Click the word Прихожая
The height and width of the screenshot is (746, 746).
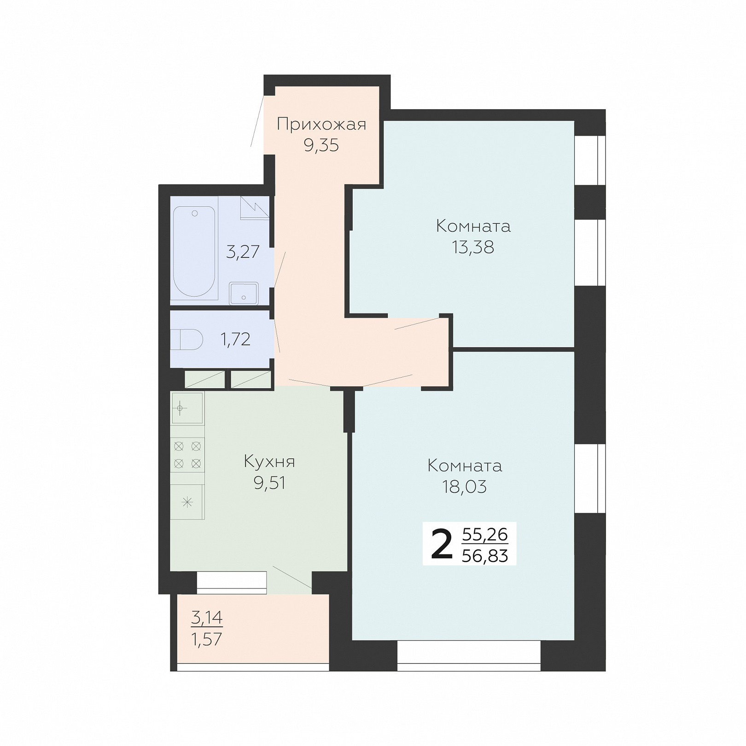[x=321, y=124]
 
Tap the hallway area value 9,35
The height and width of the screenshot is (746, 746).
[x=321, y=145]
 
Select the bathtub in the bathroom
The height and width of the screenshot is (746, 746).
[x=194, y=252]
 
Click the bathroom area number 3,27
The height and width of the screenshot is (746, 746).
[x=243, y=252]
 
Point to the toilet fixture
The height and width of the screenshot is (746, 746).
[x=186, y=340]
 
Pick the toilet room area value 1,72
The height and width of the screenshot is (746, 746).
[x=235, y=339]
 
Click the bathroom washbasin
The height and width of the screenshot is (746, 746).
[x=244, y=293]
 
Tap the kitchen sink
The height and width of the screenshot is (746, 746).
[x=187, y=408]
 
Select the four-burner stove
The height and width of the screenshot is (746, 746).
[x=187, y=455]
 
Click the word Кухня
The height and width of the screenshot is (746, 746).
[x=269, y=461]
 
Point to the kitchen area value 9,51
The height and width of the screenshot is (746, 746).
[x=269, y=483]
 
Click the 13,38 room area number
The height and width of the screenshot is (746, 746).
[x=473, y=247]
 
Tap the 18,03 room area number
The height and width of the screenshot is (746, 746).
[x=465, y=487]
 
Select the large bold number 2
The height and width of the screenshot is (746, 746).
[x=442, y=544]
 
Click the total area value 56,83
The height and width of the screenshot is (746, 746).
[x=485, y=556]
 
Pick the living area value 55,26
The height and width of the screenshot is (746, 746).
[x=485, y=535]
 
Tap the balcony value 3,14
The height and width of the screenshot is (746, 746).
[x=207, y=617]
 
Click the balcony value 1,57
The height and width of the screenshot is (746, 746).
[x=207, y=639]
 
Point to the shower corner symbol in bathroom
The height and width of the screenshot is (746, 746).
[x=255, y=208]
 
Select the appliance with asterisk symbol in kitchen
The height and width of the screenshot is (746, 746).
[x=187, y=502]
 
